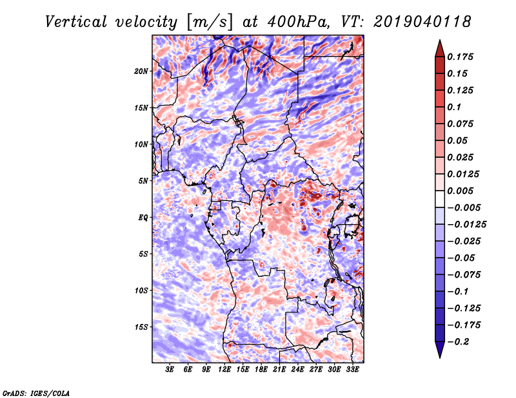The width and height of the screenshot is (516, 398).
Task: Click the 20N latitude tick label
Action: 141,71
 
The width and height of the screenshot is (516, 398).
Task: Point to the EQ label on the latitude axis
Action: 143,218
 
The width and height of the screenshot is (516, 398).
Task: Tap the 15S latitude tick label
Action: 141,327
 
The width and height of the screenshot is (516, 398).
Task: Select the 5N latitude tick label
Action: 143,181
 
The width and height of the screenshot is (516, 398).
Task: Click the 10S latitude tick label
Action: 141,290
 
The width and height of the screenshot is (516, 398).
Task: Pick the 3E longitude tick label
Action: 170,370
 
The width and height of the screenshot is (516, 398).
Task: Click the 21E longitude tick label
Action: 279,370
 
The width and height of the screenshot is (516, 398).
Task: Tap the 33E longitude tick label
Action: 352,370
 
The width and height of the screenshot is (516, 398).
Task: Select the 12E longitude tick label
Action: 224,370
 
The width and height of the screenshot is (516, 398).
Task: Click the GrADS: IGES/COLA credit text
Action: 35,392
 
